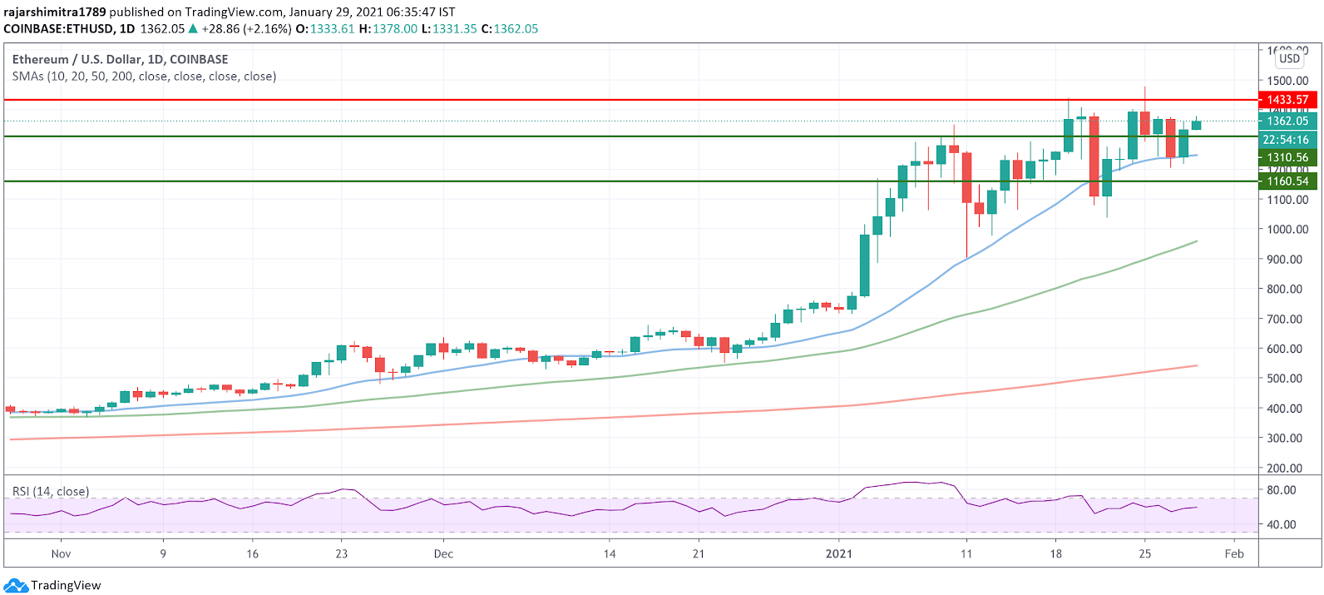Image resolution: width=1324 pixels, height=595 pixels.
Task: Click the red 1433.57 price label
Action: [x=1287, y=100]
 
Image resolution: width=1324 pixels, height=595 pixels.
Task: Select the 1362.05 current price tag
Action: [x=1287, y=121]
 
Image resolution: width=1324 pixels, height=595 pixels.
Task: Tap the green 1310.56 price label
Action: [x=1287, y=157]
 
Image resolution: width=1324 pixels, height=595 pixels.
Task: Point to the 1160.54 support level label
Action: [x=1287, y=181]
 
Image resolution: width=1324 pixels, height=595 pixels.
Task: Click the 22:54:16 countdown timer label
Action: [x=1286, y=140]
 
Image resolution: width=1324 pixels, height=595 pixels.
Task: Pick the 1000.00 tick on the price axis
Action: [x=1287, y=230]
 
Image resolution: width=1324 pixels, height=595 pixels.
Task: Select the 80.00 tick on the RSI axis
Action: [x=1281, y=490]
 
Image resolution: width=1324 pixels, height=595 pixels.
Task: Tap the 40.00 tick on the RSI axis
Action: [x=1281, y=524]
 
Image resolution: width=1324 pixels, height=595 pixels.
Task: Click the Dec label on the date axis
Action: [x=443, y=553]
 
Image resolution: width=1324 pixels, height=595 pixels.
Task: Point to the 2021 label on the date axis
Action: [x=838, y=553]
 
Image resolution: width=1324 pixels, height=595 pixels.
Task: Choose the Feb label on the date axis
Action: [x=1234, y=553]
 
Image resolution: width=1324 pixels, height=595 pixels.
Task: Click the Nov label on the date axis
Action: [x=61, y=553]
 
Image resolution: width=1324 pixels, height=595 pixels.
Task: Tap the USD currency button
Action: [x=1289, y=58]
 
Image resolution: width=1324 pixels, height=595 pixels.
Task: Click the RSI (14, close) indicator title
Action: [x=51, y=491]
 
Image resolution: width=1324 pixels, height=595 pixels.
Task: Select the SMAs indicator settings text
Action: [x=144, y=77]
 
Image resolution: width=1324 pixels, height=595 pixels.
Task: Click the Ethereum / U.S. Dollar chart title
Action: [x=120, y=59]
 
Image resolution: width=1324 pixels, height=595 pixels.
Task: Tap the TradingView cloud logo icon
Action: [x=17, y=585]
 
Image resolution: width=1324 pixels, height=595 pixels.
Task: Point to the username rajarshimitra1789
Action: [x=55, y=12]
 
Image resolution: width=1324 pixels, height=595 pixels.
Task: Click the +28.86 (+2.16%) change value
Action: [x=246, y=28]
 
